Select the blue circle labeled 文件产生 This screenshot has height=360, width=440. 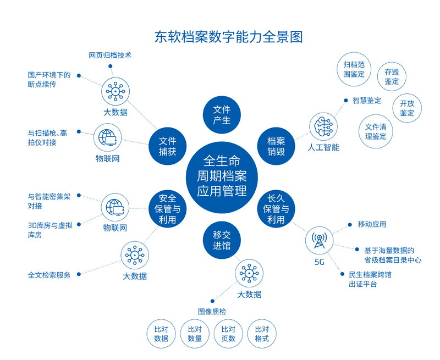[x=222, y=114]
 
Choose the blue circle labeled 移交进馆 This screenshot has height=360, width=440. [x=222, y=240]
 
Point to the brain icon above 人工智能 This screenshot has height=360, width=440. [x=323, y=128]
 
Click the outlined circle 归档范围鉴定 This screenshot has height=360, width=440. [x=354, y=69]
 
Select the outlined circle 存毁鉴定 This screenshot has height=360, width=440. [x=392, y=76]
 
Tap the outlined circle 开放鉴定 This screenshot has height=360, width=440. [x=407, y=108]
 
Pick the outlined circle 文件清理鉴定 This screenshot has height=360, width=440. [x=376, y=131]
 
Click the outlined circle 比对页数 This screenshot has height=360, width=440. [x=228, y=334]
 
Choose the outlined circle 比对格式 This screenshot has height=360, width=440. [x=262, y=334]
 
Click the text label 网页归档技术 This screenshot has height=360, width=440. [x=110, y=56]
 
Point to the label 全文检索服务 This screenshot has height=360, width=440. [x=50, y=275]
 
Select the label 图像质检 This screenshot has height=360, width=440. [x=212, y=311]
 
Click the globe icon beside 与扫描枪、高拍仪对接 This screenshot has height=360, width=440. [x=108, y=138]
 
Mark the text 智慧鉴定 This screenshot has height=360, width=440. [x=367, y=101]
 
